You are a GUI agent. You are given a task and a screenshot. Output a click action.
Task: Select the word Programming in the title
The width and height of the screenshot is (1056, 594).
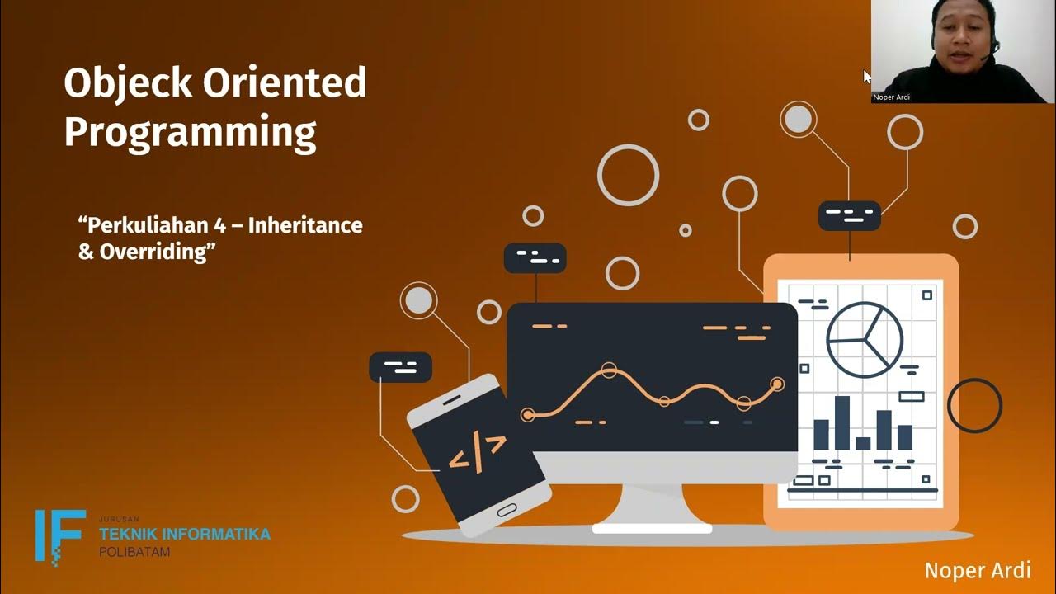pyautogui.click(x=190, y=133)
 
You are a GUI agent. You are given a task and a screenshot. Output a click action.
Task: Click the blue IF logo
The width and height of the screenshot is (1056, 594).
pyautogui.click(x=59, y=535)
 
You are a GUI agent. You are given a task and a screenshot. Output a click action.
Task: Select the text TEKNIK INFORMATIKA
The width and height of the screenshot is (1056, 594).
pyautogui.click(x=184, y=534)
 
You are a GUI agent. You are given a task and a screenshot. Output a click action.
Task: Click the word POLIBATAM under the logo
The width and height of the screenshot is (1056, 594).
pyautogui.click(x=134, y=552)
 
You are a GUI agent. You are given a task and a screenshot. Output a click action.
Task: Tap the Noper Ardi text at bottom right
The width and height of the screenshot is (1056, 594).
pyautogui.click(x=978, y=570)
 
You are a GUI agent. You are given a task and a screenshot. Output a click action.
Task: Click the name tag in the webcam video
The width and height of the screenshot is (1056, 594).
pyautogui.click(x=891, y=97)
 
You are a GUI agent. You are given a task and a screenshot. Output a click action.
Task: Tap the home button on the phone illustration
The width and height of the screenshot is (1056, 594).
pyautogui.click(x=507, y=510)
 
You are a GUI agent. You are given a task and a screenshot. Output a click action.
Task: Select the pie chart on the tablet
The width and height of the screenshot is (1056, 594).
pyautogui.click(x=865, y=340)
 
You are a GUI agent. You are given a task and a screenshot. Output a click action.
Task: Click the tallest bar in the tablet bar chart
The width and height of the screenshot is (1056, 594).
pyautogui.click(x=841, y=422)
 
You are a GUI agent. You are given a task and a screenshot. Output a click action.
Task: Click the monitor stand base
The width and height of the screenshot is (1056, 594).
pyautogui.click(x=652, y=526)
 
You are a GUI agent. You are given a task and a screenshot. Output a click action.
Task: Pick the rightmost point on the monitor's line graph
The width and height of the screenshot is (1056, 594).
pyautogui.click(x=776, y=384)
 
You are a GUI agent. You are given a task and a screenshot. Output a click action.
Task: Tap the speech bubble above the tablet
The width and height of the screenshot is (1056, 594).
pyautogui.click(x=849, y=216)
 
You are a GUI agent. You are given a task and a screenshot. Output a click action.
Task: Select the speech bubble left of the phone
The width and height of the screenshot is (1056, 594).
pyautogui.click(x=400, y=367)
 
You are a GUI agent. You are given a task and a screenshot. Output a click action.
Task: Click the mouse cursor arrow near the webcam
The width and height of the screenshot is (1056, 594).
pyautogui.click(x=867, y=76)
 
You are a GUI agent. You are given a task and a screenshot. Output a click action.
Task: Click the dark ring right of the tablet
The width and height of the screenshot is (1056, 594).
pyautogui.click(x=974, y=405)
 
